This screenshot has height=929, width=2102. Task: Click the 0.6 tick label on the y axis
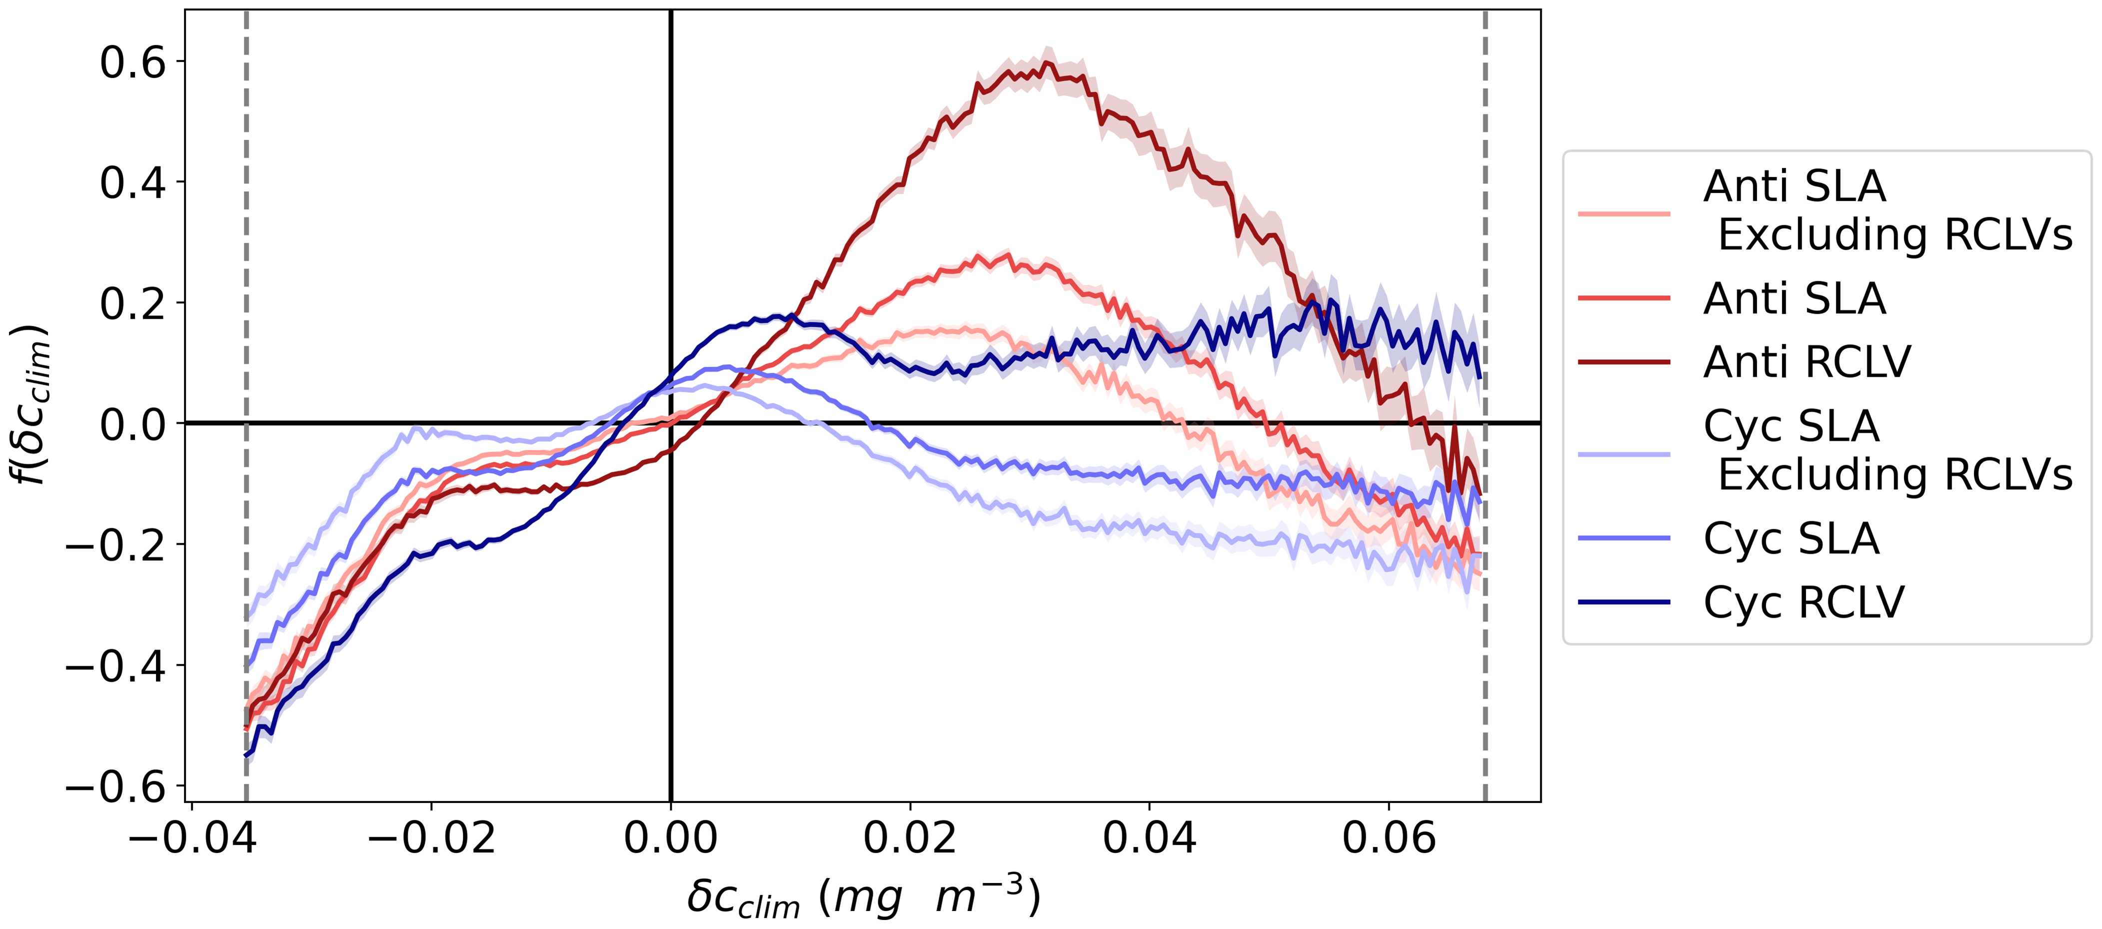pyautogui.click(x=132, y=63)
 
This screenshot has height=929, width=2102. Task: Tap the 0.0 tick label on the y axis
pyautogui.click(x=132, y=425)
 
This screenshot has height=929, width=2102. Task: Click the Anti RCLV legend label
pyautogui.click(x=1807, y=361)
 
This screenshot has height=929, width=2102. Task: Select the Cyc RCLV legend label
pyautogui.click(x=1804, y=603)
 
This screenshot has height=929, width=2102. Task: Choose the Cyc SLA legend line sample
pyautogui.click(x=1624, y=538)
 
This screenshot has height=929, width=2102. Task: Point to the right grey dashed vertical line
pyautogui.click(x=1484, y=245)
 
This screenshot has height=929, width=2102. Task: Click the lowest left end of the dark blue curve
pyautogui.click(x=246, y=755)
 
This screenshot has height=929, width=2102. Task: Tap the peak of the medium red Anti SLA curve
pyautogui.click(x=1009, y=255)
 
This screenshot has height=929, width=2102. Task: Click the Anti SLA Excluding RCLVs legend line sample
pyautogui.click(x=1624, y=214)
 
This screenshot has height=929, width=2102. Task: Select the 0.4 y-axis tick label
pyautogui.click(x=132, y=183)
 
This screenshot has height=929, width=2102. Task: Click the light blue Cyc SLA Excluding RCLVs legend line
pyautogui.click(x=1624, y=453)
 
